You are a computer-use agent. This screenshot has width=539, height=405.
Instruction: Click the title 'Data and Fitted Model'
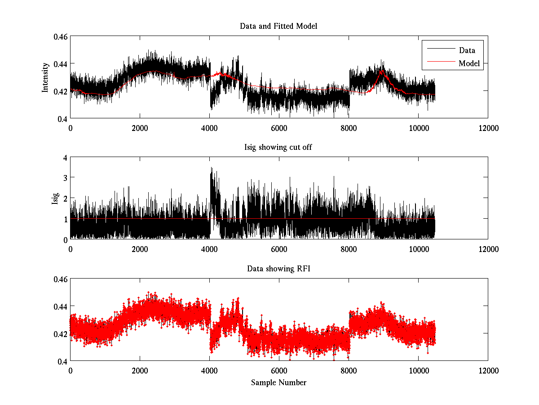point(278,26)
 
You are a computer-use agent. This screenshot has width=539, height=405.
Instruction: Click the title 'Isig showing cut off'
point(278,148)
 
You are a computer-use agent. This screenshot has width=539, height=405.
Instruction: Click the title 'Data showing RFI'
point(278,269)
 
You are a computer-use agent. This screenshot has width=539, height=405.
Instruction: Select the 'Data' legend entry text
point(467,50)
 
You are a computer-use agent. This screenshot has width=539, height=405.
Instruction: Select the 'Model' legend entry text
point(469,63)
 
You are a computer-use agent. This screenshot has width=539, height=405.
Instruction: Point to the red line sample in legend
point(440,63)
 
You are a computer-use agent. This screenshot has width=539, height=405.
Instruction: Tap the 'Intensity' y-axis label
point(45,77)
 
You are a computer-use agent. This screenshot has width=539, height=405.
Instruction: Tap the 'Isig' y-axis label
point(55,198)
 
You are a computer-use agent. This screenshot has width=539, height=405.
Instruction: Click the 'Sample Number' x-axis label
point(278,383)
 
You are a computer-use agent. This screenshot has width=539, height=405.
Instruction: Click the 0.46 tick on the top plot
point(62,36)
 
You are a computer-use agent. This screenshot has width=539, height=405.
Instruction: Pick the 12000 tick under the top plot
point(488,128)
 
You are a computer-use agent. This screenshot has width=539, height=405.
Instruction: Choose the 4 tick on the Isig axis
point(65,158)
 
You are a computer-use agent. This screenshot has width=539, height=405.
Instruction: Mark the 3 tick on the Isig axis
point(65,178)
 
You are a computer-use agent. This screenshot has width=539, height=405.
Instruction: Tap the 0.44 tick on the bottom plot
point(62,306)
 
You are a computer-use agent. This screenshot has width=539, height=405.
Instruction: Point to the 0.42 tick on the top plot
point(62,91)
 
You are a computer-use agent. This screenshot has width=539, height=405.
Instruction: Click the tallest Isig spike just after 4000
point(211,168)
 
